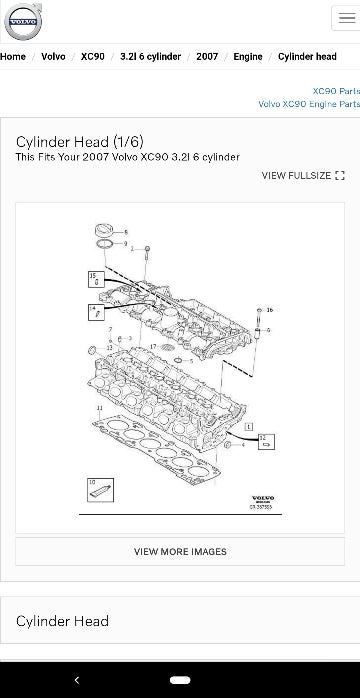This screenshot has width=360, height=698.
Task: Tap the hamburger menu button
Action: tap(345, 19)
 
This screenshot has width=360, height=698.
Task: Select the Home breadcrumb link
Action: tap(13, 57)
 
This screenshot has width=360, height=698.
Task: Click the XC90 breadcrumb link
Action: tap(93, 57)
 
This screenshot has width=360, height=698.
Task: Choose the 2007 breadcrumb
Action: tap(207, 57)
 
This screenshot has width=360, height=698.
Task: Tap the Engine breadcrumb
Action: tap(248, 57)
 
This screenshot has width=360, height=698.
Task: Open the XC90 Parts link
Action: tap(335, 90)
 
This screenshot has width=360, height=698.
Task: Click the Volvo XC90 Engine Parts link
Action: tap(308, 103)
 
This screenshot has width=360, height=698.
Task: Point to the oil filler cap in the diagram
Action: tap(103, 231)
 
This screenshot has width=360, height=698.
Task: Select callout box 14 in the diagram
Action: tap(96, 312)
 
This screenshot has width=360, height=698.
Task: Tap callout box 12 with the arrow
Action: tap(267, 440)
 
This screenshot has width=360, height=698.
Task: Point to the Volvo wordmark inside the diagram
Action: tap(262, 498)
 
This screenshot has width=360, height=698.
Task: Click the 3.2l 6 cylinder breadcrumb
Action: tap(150, 57)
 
